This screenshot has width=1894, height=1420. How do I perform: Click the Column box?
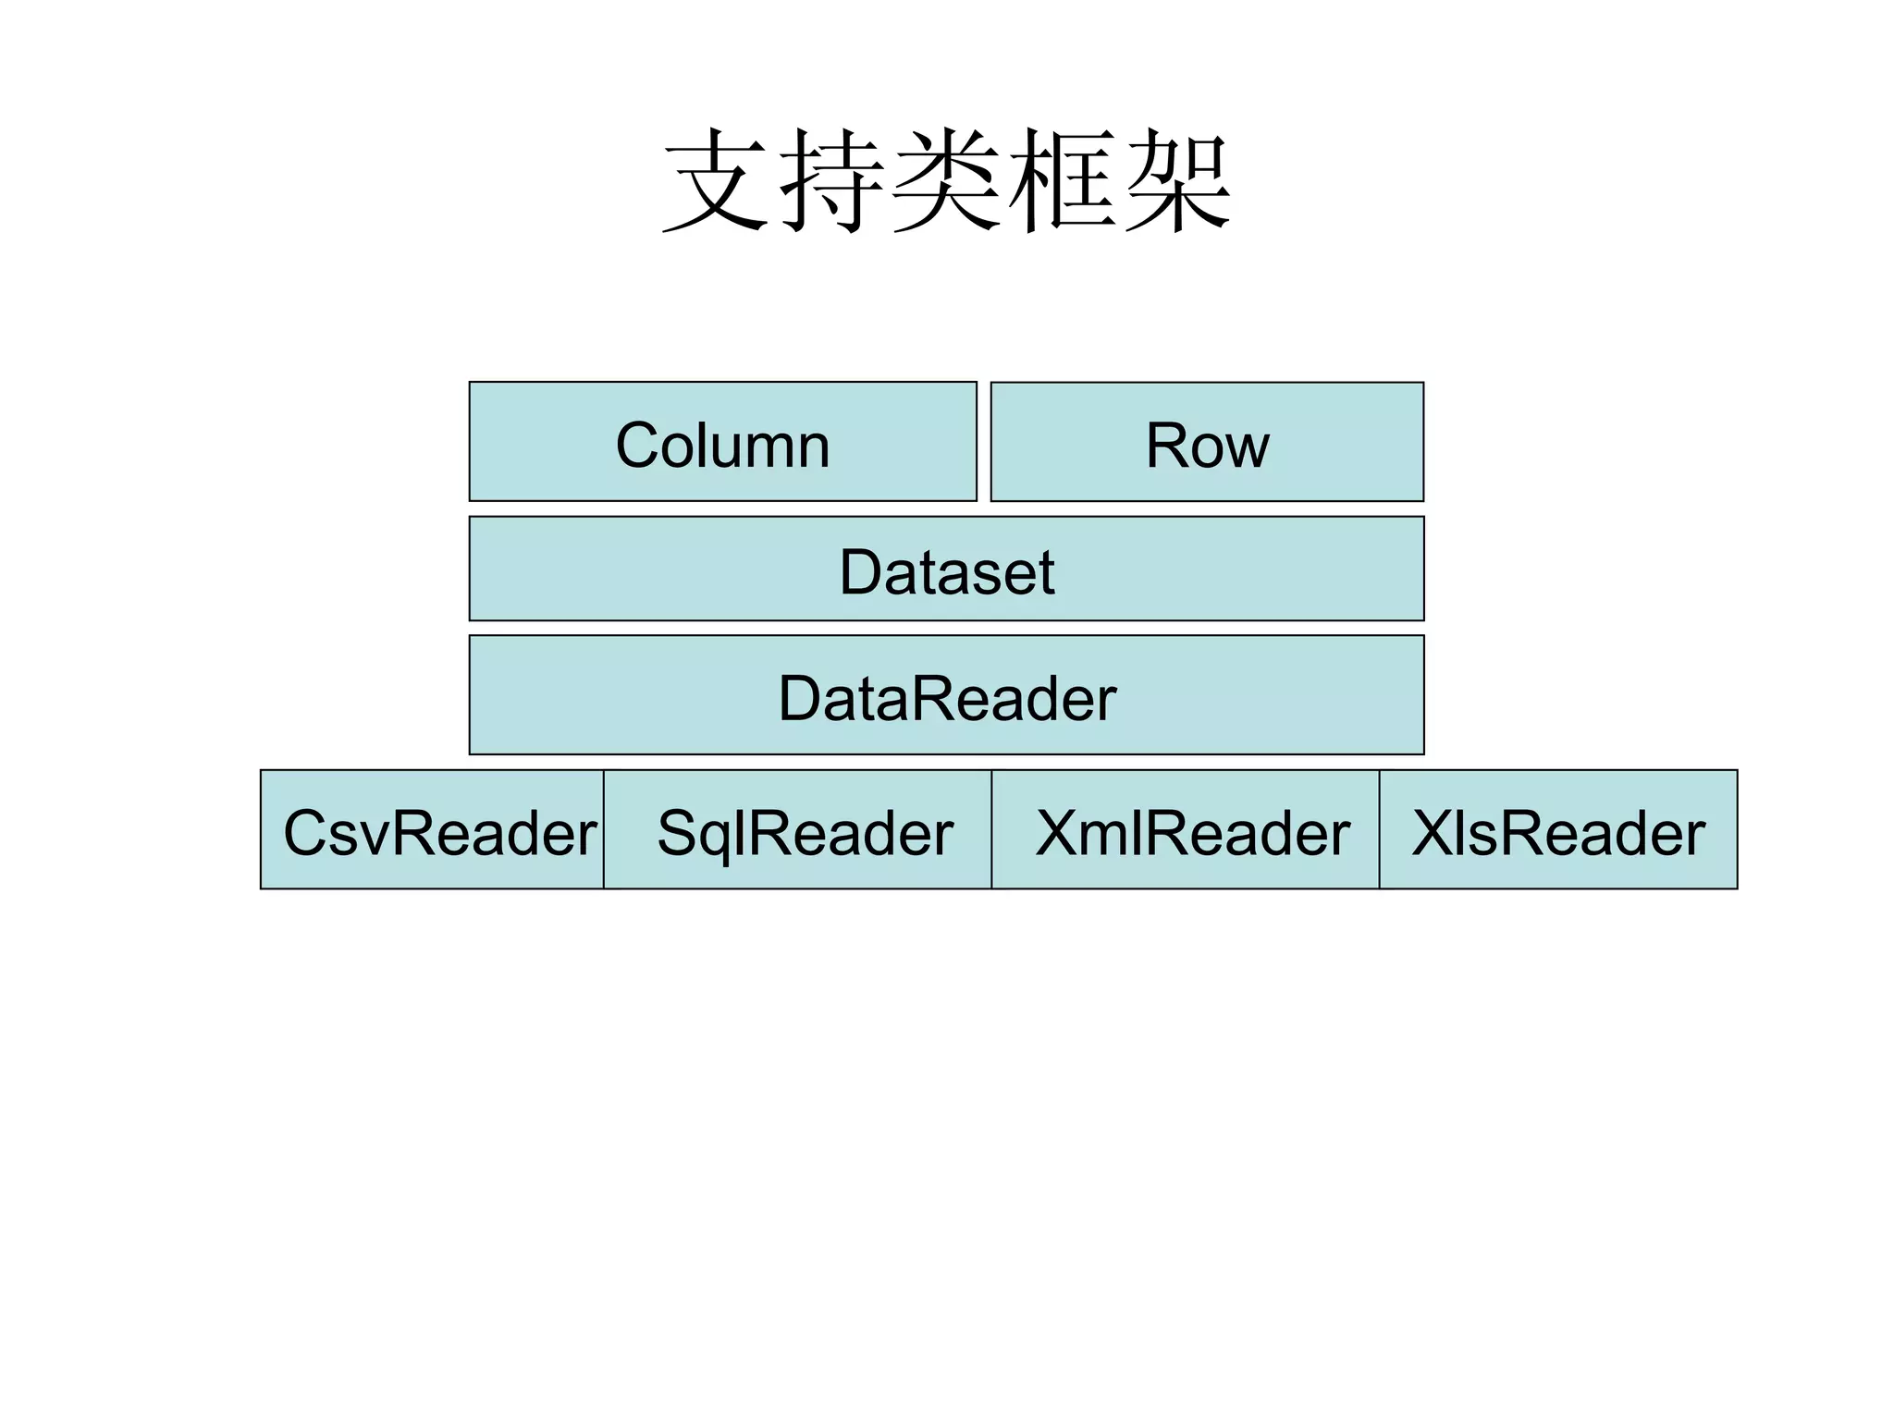(x=722, y=442)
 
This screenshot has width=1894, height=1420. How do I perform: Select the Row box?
(x=1207, y=442)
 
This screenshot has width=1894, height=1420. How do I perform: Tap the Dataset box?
(x=946, y=569)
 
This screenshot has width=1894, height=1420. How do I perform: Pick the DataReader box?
(x=946, y=695)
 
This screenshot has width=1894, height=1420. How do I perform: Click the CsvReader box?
(x=433, y=830)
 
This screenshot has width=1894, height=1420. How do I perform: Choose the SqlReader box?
(x=797, y=830)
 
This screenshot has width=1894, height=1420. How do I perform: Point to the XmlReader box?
(x=1186, y=830)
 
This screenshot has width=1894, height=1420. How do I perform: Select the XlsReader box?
(x=1558, y=830)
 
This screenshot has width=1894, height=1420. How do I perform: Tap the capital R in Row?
(x=1166, y=446)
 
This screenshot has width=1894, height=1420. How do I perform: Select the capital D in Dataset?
(x=861, y=572)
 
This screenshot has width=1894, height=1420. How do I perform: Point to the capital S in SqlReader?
(x=678, y=833)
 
